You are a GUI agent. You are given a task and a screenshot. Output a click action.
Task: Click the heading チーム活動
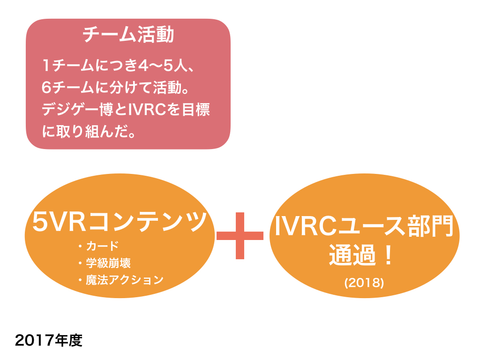(x=127, y=35)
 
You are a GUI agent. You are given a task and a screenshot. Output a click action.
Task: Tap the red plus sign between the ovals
(x=240, y=235)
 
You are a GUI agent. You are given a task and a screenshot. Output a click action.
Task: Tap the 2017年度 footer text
(x=48, y=340)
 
